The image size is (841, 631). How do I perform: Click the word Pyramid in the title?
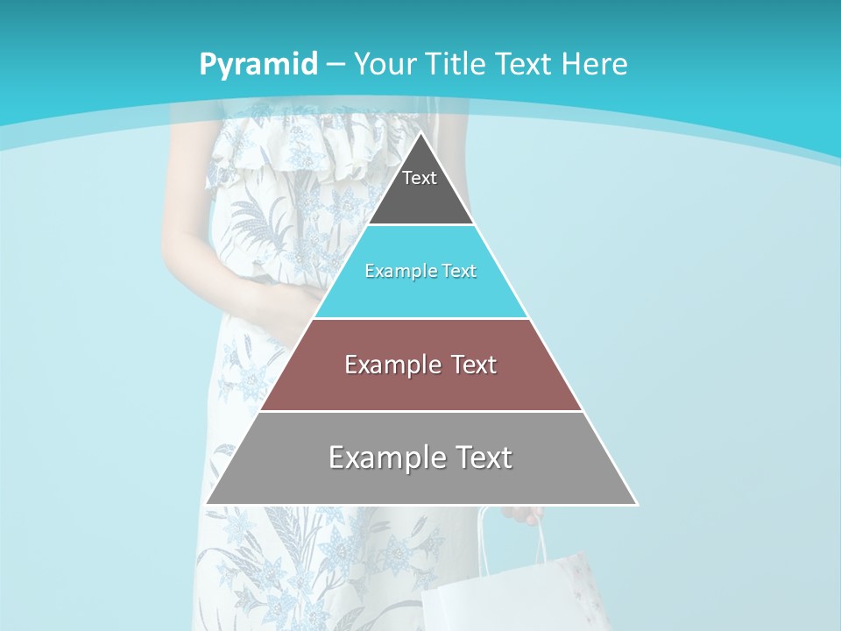click(258, 64)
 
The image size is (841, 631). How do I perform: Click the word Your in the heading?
click(386, 64)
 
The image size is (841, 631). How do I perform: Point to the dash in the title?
click(336, 65)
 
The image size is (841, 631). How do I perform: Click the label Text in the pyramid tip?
click(420, 178)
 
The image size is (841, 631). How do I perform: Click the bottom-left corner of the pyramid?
click(208, 503)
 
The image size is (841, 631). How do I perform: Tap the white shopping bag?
click(508, 587)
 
